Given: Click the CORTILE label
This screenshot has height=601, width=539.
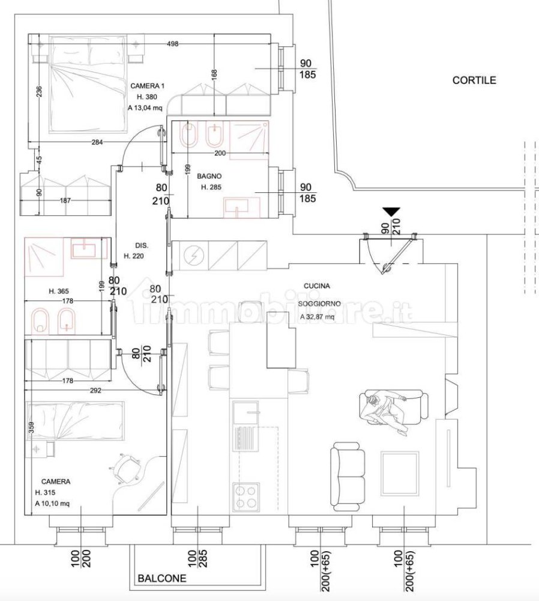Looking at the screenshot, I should click(474, 80).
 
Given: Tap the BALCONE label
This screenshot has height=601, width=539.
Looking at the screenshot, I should click(162, 579).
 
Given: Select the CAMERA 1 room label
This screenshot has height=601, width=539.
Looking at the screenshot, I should click(147, 87).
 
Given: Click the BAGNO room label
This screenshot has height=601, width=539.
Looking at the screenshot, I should click(209, 177).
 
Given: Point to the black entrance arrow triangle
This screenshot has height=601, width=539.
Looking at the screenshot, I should click(391, 212).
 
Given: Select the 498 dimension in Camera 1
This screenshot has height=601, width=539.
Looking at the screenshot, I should click(173, 44).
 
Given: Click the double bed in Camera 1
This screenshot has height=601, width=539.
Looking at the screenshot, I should click(88, 84).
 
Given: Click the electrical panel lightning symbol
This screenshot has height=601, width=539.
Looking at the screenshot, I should click(194, 255).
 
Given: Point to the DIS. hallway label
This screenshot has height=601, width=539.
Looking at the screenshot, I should click(141, 245).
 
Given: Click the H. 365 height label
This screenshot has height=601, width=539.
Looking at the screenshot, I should click(61, 291).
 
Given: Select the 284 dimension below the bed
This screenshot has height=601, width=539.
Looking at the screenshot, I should click(97, 142).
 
